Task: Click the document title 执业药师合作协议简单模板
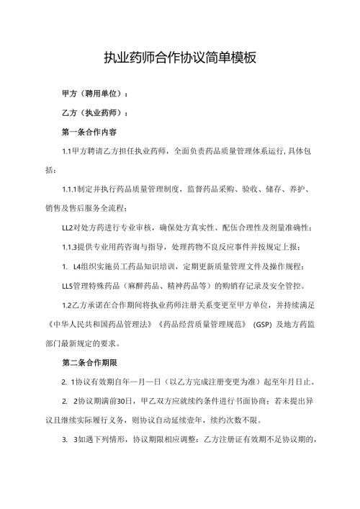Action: point(180,58)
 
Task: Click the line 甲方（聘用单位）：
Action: point(96,94)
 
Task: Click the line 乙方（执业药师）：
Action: point(96,114)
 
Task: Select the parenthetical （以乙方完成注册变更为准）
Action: point(211,382)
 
